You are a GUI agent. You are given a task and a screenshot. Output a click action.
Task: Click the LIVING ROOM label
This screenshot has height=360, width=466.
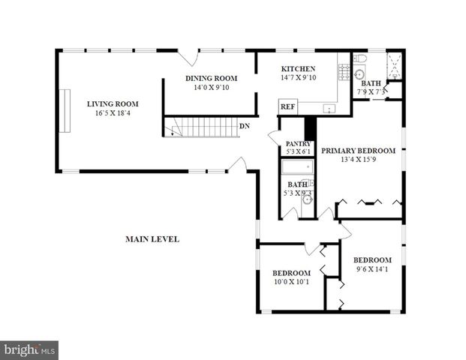113,104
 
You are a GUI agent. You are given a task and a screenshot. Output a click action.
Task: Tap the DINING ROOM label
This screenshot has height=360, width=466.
211,78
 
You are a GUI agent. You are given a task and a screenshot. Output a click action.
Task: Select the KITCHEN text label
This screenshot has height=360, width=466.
298,68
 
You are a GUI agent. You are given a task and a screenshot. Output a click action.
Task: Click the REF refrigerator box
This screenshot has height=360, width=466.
287,107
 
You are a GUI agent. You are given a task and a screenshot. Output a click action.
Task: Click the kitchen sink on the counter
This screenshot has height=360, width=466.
329,109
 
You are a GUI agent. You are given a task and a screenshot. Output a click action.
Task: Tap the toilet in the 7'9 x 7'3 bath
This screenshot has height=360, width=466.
359,58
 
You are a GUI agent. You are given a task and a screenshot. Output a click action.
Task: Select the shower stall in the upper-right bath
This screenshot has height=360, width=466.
393,62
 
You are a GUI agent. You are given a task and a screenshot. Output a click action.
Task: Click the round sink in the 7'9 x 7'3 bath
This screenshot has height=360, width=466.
358,75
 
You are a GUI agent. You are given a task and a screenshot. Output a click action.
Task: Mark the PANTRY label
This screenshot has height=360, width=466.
298,142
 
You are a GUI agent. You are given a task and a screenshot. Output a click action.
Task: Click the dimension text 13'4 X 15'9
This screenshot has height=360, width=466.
358,159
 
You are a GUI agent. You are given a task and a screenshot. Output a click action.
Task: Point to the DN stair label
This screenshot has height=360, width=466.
245,126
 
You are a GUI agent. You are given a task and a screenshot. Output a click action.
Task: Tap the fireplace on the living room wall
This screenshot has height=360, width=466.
65,111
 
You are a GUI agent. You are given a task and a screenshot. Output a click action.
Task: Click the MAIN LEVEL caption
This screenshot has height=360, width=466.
152,239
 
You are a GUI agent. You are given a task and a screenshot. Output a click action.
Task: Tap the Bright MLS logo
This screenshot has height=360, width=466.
29,349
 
